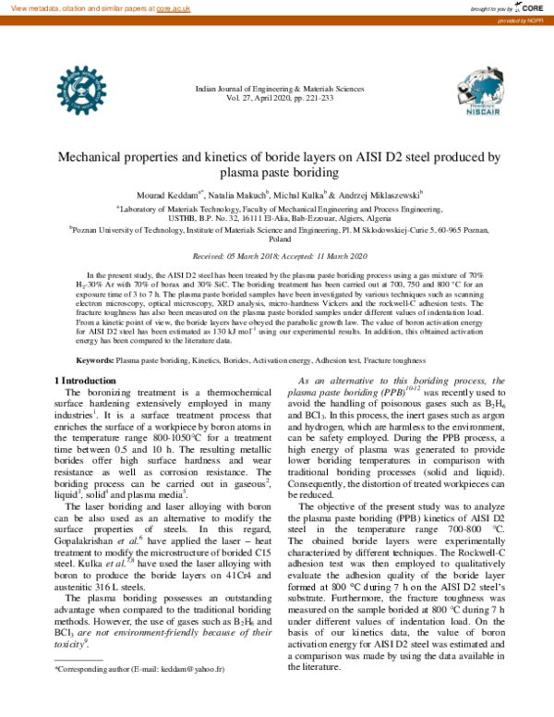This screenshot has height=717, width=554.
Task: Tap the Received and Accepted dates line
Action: tap(277, 256)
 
